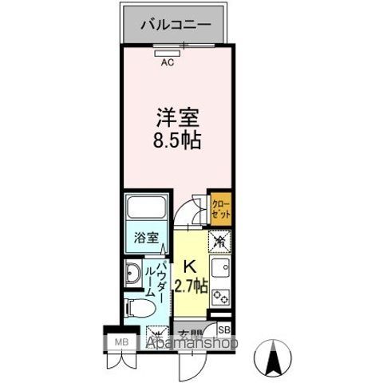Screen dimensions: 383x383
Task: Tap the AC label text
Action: (x=168, y=61)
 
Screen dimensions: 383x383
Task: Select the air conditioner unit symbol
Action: (x=168, y=52)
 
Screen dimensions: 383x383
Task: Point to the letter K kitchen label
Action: (x=191, y=267)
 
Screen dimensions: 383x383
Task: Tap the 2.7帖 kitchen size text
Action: (x=191, y=285)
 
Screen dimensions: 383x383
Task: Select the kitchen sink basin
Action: (x=219, y=269)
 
